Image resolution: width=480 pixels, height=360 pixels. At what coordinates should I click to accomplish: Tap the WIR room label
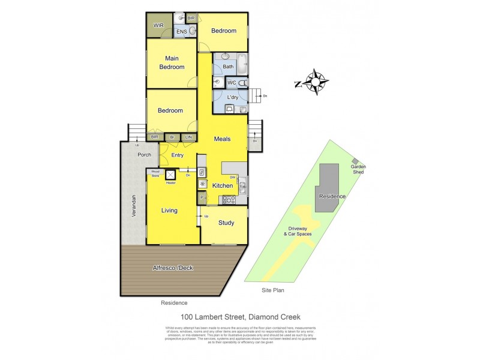pyautogui.click(x=159, y=25)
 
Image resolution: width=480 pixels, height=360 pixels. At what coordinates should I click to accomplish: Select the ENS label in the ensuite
pyautogui.click(x=180, y=32)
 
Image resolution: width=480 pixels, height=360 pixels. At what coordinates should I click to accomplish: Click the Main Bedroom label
pyautogui.click(x=171, y=62)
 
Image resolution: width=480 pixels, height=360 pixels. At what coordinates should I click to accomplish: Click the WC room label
pyautogui.click(x=232, y=83)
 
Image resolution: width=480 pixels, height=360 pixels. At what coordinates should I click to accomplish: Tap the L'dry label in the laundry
pyautogui.click(x=233, y=98)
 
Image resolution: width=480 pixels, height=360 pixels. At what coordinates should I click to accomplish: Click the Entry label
pyautogui.click(x=178, y=155)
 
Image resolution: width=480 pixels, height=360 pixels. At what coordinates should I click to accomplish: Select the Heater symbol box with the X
pyautogui.click(x=171, y=175)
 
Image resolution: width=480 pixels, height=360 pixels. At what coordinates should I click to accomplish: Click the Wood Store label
pyautogui.click(x=155, y=174)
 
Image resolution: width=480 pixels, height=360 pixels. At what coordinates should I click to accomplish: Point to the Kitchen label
pyautogui.click(x=222, y=186)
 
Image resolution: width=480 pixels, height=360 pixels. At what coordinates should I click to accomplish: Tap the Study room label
pyautogui.click(x=226, y=223)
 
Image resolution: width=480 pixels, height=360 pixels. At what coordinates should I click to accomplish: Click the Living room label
pyautogui.click(x=170, y=211)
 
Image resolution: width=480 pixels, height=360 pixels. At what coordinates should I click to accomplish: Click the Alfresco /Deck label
pyautogui.click(x=173, y=268)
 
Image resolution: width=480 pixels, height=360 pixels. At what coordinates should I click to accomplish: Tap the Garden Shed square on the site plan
pyautogui.click(x=356, y=161)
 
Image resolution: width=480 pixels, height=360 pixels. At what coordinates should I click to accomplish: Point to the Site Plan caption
pyautogui.click(x=273, y=290)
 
